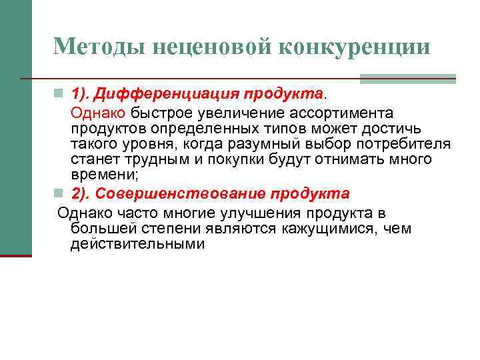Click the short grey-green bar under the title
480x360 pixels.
point(407,79)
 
